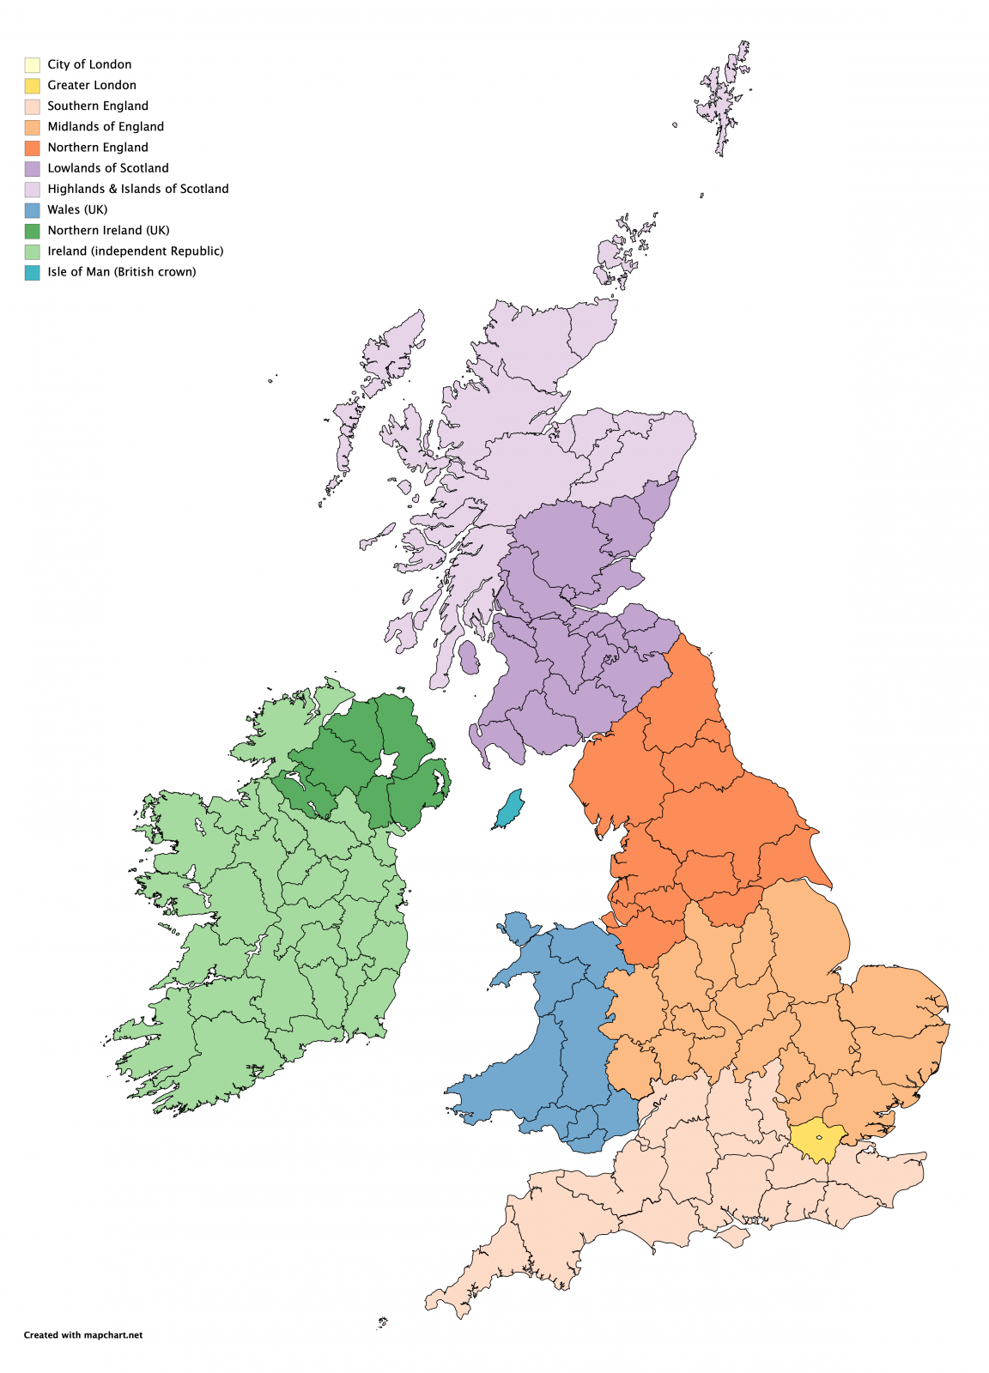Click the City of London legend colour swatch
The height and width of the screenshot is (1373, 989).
[x=32, y=64]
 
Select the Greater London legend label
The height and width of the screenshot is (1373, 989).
[x=91, y=85]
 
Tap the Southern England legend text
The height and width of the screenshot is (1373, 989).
[x=97, y=106]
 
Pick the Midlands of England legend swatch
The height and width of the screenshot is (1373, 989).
[x=32, y=127]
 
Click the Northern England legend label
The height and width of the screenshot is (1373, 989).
[x=97, y=148]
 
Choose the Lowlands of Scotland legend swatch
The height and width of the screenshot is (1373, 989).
[x=32, y=168]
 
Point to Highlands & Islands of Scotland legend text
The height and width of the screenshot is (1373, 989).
[x=137, y=189]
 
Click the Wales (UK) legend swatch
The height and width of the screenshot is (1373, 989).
[x=32, y=210]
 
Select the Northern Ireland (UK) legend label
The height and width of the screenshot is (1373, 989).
[x=108, y=230]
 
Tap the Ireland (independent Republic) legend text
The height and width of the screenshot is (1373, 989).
[x=135, y=251]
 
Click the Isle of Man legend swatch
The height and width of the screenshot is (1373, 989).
[x=32, y=272]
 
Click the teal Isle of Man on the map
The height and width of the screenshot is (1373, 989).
[x=510, y=809]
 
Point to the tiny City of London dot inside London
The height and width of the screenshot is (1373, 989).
[x=820, y=1138]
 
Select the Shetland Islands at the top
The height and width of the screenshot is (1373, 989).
[x=724, y=99]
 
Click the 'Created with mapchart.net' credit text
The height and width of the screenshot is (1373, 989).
[x=83, y=1335]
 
